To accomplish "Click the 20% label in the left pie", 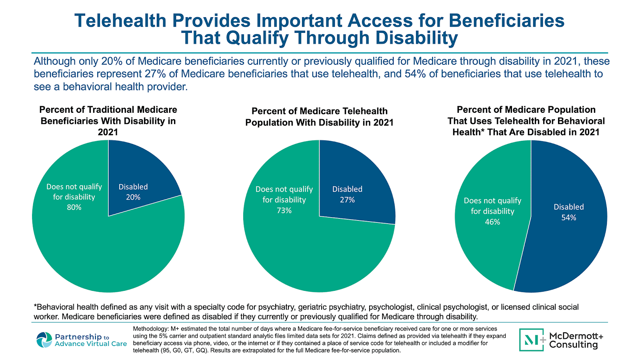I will point(133,197).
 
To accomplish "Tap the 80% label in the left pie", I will point(74,207).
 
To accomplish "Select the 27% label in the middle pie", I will point(347,200).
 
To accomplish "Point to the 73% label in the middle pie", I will point(284,210).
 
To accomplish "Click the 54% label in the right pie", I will point(568,218).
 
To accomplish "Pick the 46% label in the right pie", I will point(492,222).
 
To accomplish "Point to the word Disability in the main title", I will point(416,38).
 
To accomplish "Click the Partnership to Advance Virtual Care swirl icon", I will point(44,340).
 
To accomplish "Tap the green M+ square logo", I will point(532,340).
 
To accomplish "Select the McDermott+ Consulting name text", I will point(576,340).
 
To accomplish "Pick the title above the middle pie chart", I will point(319,117).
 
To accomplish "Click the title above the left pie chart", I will point(108,121).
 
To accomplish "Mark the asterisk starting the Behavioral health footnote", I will point(35,306).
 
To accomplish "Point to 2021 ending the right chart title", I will point(589,132).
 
